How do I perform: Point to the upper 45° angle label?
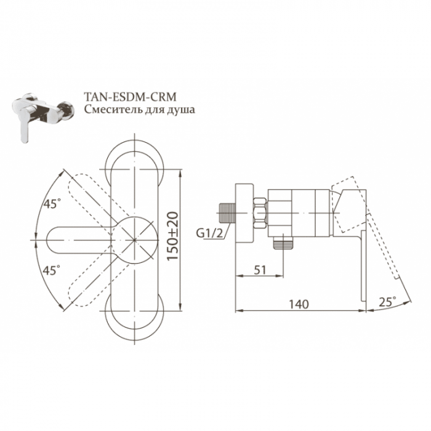tap(52, 204)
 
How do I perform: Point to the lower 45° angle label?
tap(52, 270)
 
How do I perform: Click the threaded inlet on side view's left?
tap(228, 213)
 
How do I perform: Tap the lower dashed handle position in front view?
tap(92, 277)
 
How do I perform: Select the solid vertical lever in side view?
tap(363, 259)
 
